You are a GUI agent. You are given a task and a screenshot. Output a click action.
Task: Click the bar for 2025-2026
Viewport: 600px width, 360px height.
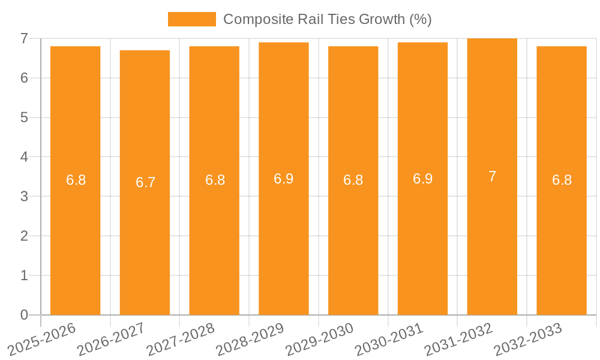75,180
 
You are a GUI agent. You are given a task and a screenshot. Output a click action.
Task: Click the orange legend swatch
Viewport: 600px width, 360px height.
191,19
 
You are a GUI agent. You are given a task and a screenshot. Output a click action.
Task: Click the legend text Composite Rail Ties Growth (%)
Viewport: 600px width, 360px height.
327,19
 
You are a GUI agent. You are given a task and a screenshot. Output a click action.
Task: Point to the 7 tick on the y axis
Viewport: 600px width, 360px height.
24,38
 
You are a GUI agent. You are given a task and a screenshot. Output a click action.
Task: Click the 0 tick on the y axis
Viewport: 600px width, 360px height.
24,315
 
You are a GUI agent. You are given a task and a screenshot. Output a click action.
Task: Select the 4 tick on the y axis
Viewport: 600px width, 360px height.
24,157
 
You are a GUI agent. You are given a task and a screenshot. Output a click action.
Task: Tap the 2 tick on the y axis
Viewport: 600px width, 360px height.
24,236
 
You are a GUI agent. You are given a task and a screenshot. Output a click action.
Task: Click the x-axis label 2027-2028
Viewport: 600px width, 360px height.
181,338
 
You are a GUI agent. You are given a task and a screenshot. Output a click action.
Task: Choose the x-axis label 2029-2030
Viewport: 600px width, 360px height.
320,338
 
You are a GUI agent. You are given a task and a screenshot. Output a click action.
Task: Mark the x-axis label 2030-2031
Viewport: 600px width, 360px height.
389,338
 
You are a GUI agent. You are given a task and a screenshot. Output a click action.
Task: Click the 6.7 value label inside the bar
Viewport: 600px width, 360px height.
145,182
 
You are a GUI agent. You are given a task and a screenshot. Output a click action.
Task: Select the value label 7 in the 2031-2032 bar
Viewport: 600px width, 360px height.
492,176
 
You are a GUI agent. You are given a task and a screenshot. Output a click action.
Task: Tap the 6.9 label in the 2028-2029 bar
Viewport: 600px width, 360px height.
283,179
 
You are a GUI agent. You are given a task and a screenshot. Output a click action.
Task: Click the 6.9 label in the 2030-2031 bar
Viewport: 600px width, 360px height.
422,179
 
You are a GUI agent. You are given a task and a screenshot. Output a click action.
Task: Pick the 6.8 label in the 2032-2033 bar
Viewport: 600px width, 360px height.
562,180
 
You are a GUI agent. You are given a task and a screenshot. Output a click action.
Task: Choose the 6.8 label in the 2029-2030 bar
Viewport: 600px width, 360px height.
353,180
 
